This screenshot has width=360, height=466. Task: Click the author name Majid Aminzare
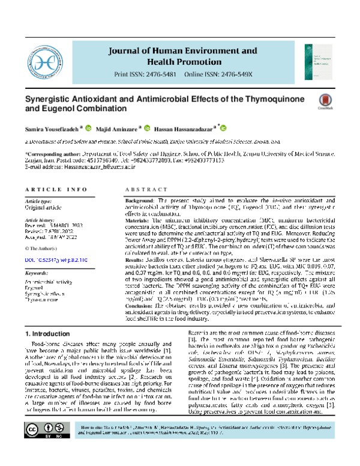pyautogui.click(x=115, y=128)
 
